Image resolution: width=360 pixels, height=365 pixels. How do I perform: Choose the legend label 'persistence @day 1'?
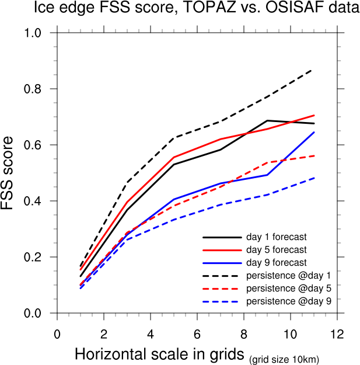point(284,275)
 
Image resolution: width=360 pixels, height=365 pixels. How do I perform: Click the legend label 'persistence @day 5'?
point(284,288)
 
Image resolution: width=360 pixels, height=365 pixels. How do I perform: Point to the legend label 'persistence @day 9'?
point(284,301)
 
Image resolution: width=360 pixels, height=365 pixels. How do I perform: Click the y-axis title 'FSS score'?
point(12,173)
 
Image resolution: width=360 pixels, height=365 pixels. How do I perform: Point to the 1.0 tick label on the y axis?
point(40,33)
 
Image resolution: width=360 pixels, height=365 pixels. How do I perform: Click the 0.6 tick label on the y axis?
point(40,145)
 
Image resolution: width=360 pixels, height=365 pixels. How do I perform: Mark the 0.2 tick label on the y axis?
point(40,257)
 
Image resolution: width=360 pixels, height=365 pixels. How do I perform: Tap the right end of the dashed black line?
point(313,69)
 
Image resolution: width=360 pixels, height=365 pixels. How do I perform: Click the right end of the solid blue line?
point(314,132)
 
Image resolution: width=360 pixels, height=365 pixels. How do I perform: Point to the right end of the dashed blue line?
point(314,178)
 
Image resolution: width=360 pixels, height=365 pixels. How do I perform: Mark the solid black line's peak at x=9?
point(267,120)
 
